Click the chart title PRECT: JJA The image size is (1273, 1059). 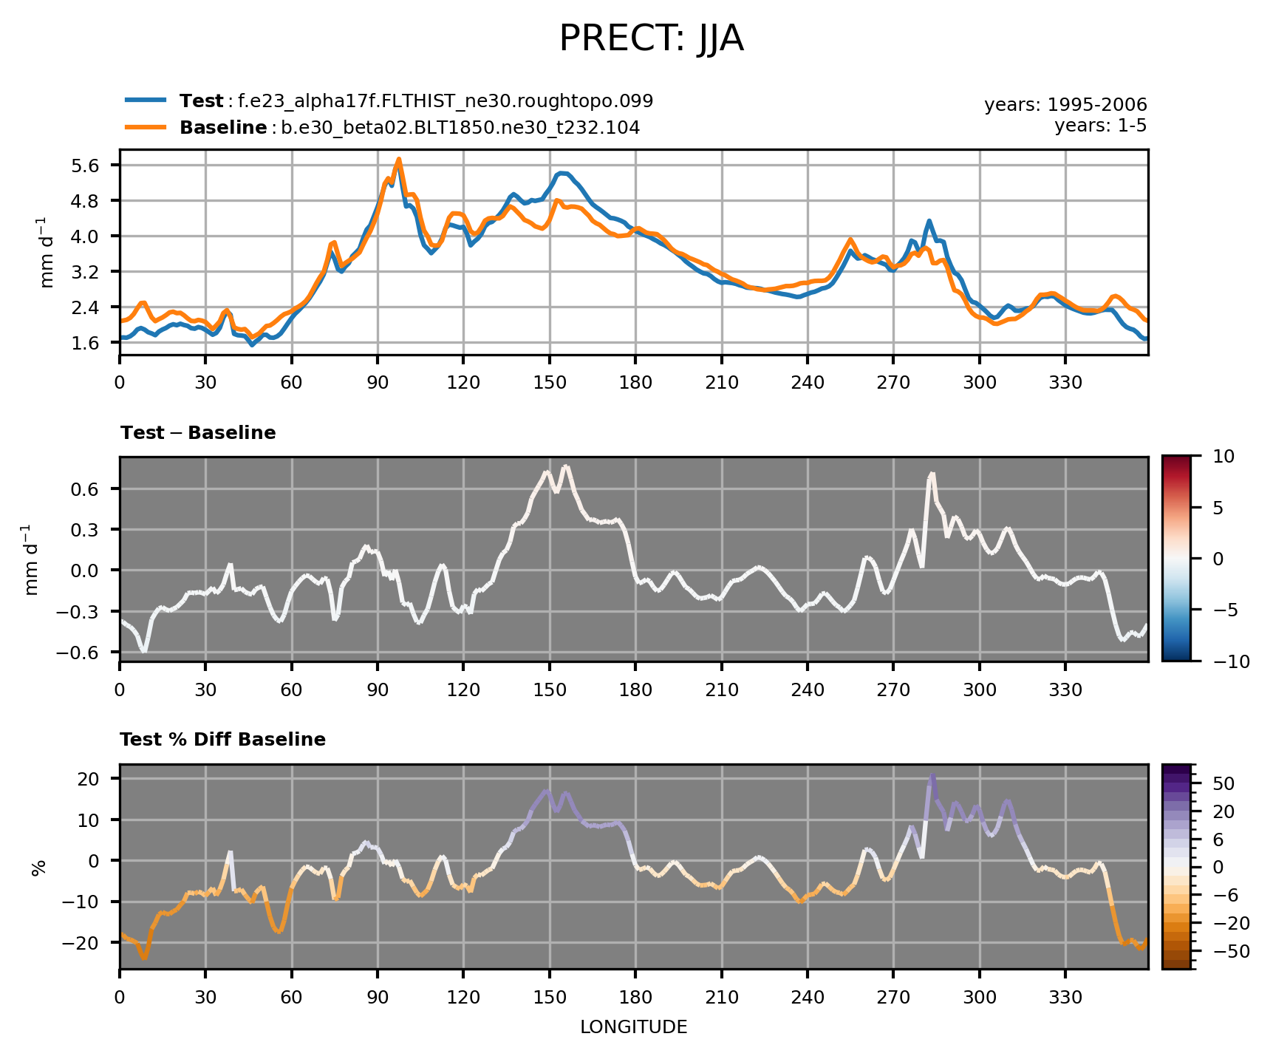pyautogui.click(x=650, y=39)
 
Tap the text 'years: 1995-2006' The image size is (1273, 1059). pyautogui.click(x=1065, y=105)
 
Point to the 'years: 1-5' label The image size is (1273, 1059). pyautogui.click(x=1100, y=126)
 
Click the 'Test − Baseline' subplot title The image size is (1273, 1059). pyautogui.click(x=197, y=433)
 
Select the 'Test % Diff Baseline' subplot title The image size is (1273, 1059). pyautogui.click(x=222, y=740)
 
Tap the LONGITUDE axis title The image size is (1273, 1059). pyautogui.click(x=633, y=1027)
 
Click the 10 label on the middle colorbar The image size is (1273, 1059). pyautogui.click(x=1223, y=457)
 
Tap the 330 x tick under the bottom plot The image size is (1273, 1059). pyautogui.click(x=1065, y=998)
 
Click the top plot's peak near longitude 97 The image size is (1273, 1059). pyautogui.click(x=398, y=159)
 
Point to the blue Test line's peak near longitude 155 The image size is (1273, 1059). pyautogui.click(x=562, y=173)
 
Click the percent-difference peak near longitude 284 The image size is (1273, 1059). pyautogui.click(x=933, y=775)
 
